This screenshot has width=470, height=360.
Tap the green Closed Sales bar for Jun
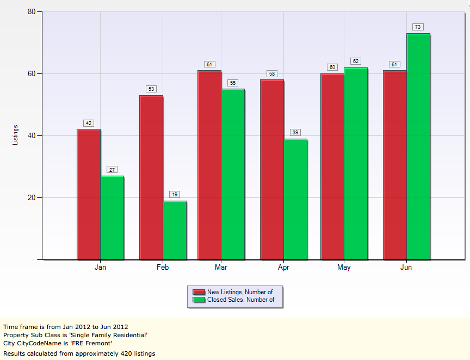click(x=418, y=146)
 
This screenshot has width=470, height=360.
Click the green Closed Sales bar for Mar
click(x=233, y=174)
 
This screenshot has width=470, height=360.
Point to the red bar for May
click(x=332, y=166)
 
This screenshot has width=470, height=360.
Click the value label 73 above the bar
click(x=418, y=27)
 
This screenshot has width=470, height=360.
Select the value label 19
click(x=175, y=194)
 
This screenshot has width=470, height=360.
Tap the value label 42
click(x=89, y=123)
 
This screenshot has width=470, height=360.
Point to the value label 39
click(x=295, y=132)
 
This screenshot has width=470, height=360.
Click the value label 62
click(x=356, y=61)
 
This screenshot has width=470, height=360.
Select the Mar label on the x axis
click(x=221, y=268)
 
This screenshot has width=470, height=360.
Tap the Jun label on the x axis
click(x=406, y=268)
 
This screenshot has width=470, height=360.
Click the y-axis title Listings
click(x=15, y=135)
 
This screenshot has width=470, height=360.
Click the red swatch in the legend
click(x=199, y=292)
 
